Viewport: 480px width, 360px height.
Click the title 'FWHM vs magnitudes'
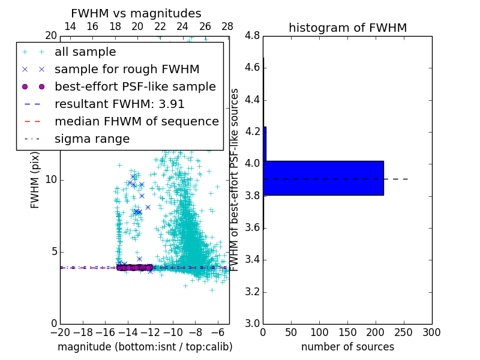[x=136, y=13]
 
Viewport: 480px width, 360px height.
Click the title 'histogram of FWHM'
[x=347, y=28]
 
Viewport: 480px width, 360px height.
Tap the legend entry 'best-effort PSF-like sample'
[x=135, y=86]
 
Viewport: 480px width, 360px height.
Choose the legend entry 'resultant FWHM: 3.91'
[x=119, y=104]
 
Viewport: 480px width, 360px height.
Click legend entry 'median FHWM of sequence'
[x=136, y=121]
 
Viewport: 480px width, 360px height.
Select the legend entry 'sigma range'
[x=92, y=139]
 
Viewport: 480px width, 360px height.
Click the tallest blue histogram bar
[x=323, y=178]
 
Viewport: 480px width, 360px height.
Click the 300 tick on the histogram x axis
[x=431, y=332]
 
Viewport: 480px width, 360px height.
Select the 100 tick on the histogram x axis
[x=319, y=332]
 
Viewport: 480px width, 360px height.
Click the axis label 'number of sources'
[x=347, y=347]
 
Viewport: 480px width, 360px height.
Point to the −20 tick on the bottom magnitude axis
[x=60, y=332]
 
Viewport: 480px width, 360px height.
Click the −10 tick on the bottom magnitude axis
[x=172, y=332]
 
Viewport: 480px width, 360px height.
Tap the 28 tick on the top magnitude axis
[x=227, y=27]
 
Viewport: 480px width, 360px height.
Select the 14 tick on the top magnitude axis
[x=70, y=27]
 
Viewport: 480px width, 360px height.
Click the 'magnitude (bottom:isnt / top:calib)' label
[x=145, y=347]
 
